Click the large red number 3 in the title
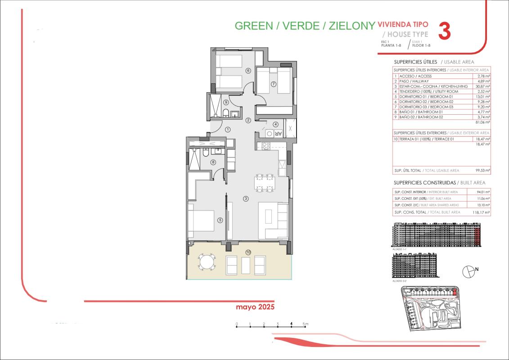(x=444, y=31)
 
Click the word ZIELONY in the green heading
(x=351, y=26)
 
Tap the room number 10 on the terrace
(x=248, y=252)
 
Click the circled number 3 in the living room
(x=246, y=198)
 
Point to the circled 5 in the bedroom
(x=220, y=220)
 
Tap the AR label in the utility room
(x=278, y=134)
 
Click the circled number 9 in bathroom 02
(x=213, y=103)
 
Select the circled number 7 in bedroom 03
(x=273, y=84)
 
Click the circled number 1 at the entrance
(x=228, y=130)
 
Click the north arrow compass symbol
(x=468, y=271)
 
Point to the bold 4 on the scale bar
(x=292, y=324)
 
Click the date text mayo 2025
(x=255, y=307)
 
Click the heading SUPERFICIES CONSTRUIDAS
(x=424, y=183)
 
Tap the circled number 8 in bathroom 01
(x=213, y=162)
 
